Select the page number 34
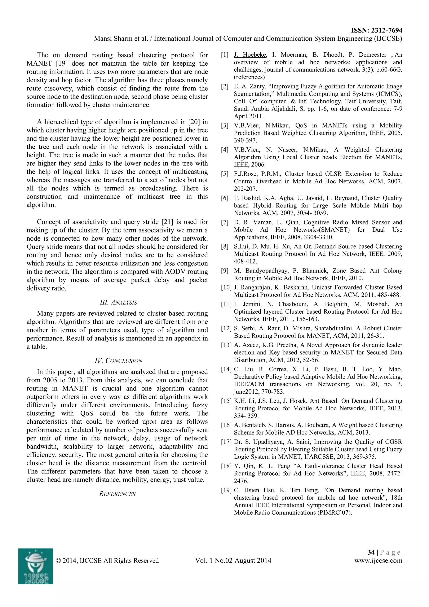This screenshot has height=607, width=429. [x=371, y=552]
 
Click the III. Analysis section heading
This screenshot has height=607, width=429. [x=118, y=302]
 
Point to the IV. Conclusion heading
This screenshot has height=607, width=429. [x=118, y=361]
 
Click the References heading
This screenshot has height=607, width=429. [x=117, y=494]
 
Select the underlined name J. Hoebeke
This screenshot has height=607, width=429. [x=250, y=55]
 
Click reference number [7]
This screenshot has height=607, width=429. [x=225, y=222]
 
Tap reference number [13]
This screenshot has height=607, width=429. [x=226, y=345]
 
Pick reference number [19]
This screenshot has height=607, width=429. [x=226, y=490]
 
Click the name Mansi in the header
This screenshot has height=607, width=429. [x=103, y=39]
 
